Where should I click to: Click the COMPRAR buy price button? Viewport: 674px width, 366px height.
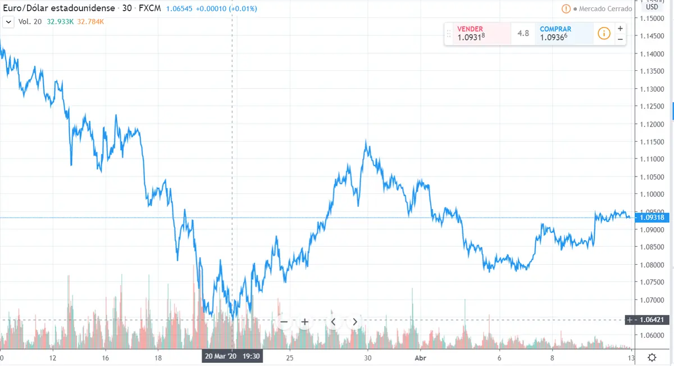pyautogui.click(x=563, y=34)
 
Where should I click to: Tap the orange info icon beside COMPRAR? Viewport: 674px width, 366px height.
pyautogui.click(x=604, y=34)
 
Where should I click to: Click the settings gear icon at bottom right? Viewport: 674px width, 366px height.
pyautogui.click(x=652, y=358)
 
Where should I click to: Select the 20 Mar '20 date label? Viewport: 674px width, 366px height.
pyautogui.click(x=220, y=356)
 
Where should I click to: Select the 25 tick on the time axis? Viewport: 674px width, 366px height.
pyautogui.click(x=290, y=357)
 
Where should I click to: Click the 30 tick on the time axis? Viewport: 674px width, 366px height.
pyautogui.click(x=367, y=357)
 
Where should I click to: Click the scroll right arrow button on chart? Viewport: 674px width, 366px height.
pyautogui.click(x=354, y=322)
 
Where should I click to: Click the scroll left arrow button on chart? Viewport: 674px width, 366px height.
pyautogui.click(x=333, y=322)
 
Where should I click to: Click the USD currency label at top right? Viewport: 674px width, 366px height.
pyautogui.click(x=652, y=7)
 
